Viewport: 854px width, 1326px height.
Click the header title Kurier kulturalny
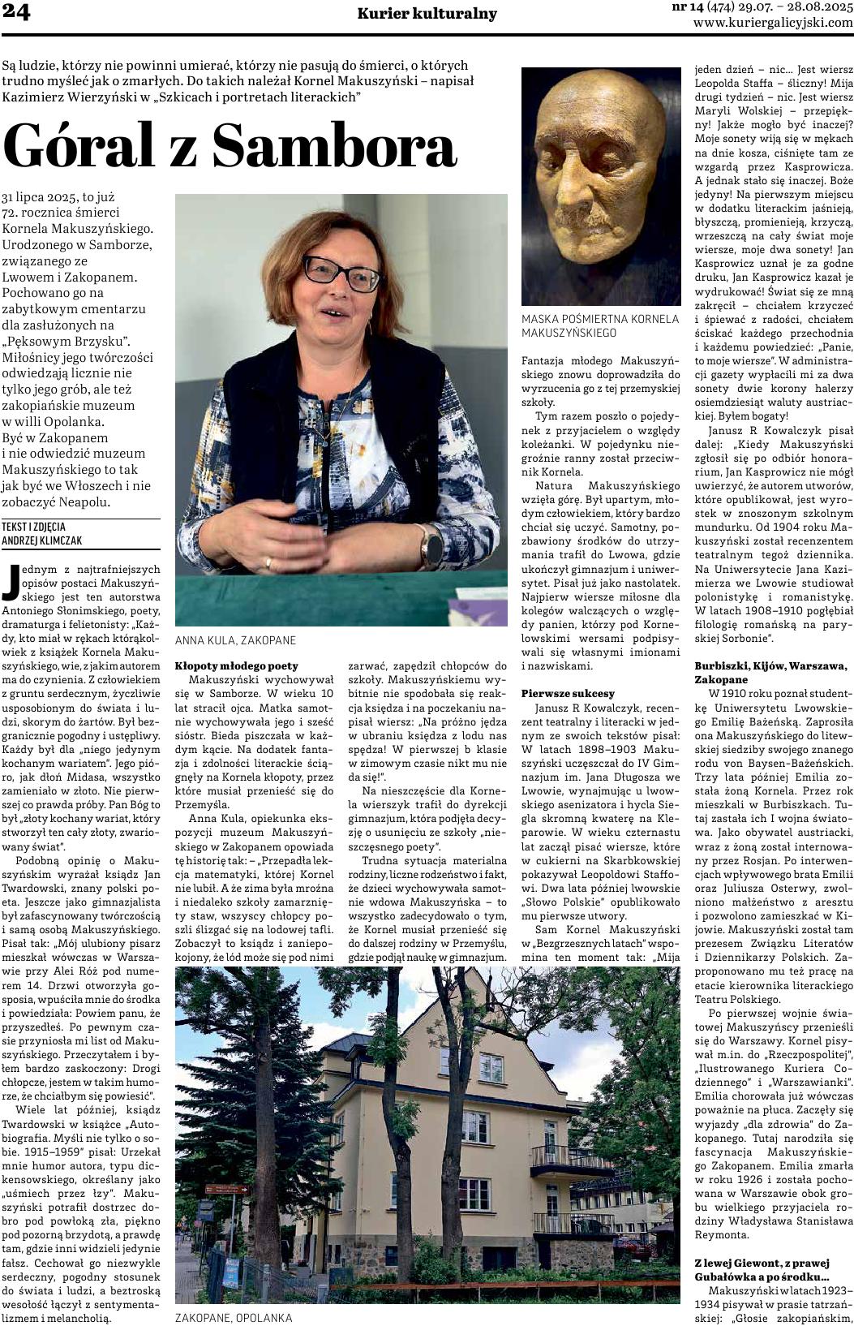coord(427,15)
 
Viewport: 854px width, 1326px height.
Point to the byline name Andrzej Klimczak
coord(42,540)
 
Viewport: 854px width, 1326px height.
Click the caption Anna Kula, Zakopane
coord(224,639)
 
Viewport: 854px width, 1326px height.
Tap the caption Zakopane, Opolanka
coord(234,1318)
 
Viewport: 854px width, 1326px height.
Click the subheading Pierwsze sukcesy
coord(568,693)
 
